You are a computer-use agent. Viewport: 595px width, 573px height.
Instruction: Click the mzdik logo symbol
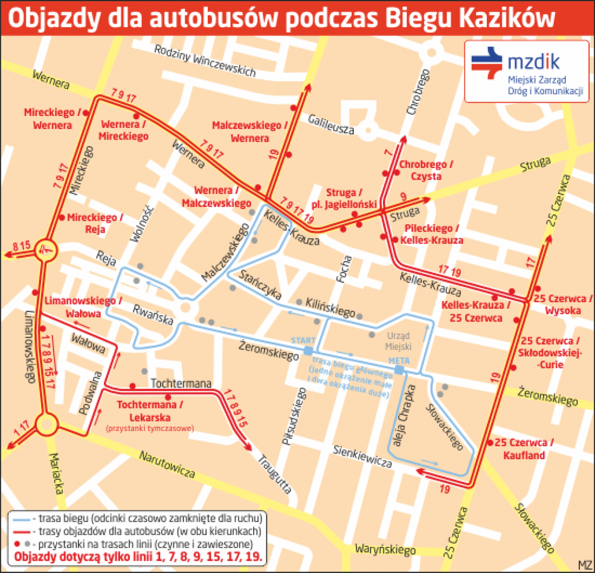486,62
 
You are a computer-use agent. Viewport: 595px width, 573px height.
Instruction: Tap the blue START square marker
308,351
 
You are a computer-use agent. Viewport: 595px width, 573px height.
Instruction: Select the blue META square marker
399,370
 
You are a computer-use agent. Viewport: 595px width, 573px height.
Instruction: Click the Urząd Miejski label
399,341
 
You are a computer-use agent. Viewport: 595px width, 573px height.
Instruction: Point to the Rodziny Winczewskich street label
205,61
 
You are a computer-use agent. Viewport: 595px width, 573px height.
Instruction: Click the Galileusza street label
331,124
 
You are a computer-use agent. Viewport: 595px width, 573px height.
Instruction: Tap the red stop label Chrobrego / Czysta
426,170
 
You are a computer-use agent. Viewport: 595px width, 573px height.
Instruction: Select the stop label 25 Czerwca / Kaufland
523,449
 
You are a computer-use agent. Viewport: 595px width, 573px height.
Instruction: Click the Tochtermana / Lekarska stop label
150,411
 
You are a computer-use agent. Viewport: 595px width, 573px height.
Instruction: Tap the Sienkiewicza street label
363,456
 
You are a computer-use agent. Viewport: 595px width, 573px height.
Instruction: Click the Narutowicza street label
166,464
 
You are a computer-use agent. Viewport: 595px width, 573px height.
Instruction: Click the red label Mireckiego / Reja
95,223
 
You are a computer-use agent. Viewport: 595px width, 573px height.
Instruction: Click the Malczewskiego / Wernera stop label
249,132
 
